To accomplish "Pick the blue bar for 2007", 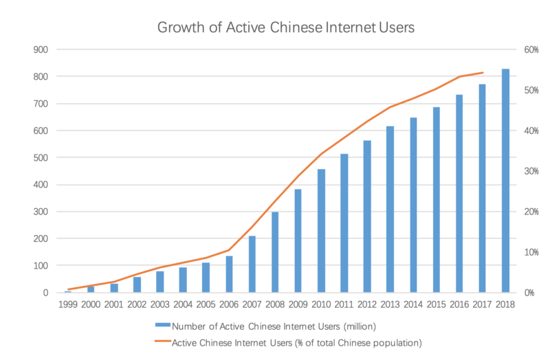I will pos(252,265).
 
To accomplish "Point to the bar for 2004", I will pos(183,280).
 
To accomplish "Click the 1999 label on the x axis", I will pos(68,305).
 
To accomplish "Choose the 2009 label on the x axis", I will pos(298,305).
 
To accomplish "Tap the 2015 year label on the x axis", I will pos(436,305).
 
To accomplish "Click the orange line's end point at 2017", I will pos(483,72).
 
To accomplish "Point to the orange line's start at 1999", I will pos(68,289).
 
